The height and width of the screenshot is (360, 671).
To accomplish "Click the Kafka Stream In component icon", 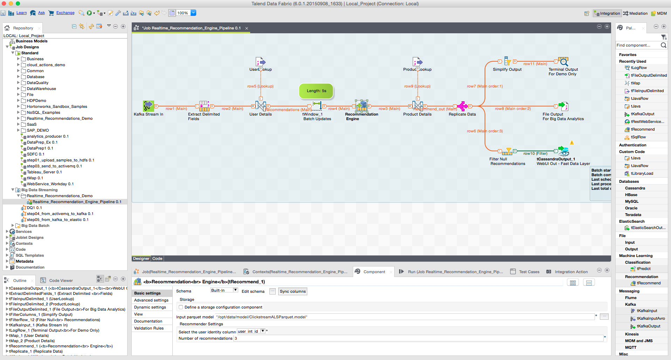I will click(x=148, y=106).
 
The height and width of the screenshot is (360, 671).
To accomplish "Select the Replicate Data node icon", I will click(x=462, y=106).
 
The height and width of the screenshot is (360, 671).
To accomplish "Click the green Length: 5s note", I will click(x=316, y=91).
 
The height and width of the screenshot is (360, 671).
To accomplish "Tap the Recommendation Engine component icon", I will click(x=361, y=105).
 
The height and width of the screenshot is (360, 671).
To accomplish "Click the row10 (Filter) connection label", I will click(x=535, y=153).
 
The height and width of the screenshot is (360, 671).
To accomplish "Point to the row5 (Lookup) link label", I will click(x=260, y=86).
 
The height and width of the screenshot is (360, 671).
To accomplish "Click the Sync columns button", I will click(x=293, y=291).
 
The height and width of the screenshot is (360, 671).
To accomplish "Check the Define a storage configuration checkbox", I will click(x=181, y=307).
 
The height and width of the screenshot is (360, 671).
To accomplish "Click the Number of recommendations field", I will click(x=417, y=338).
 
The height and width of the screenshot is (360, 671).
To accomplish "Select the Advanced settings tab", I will click(x=151, y=300).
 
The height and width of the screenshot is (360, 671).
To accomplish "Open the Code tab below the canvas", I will click(x=157, y=258).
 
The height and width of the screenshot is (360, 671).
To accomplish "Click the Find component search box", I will click(x=638, y=45).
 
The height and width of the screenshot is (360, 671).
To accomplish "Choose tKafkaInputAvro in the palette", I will click(x=650, y=318).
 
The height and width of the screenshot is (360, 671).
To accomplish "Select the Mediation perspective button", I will click(x=635, y=13).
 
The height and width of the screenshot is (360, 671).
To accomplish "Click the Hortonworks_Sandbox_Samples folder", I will click(x=57, y=106).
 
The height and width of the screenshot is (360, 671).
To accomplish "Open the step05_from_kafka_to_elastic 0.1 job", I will click(x=57, y=220).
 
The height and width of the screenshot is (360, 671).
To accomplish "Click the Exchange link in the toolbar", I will click(x=65, y=13).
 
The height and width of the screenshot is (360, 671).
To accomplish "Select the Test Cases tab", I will click(x=529, y=272).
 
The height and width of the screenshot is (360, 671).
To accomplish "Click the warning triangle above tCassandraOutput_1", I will click(x=571, y=143).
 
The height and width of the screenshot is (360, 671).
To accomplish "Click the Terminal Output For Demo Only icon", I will click(x=563, y=62).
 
